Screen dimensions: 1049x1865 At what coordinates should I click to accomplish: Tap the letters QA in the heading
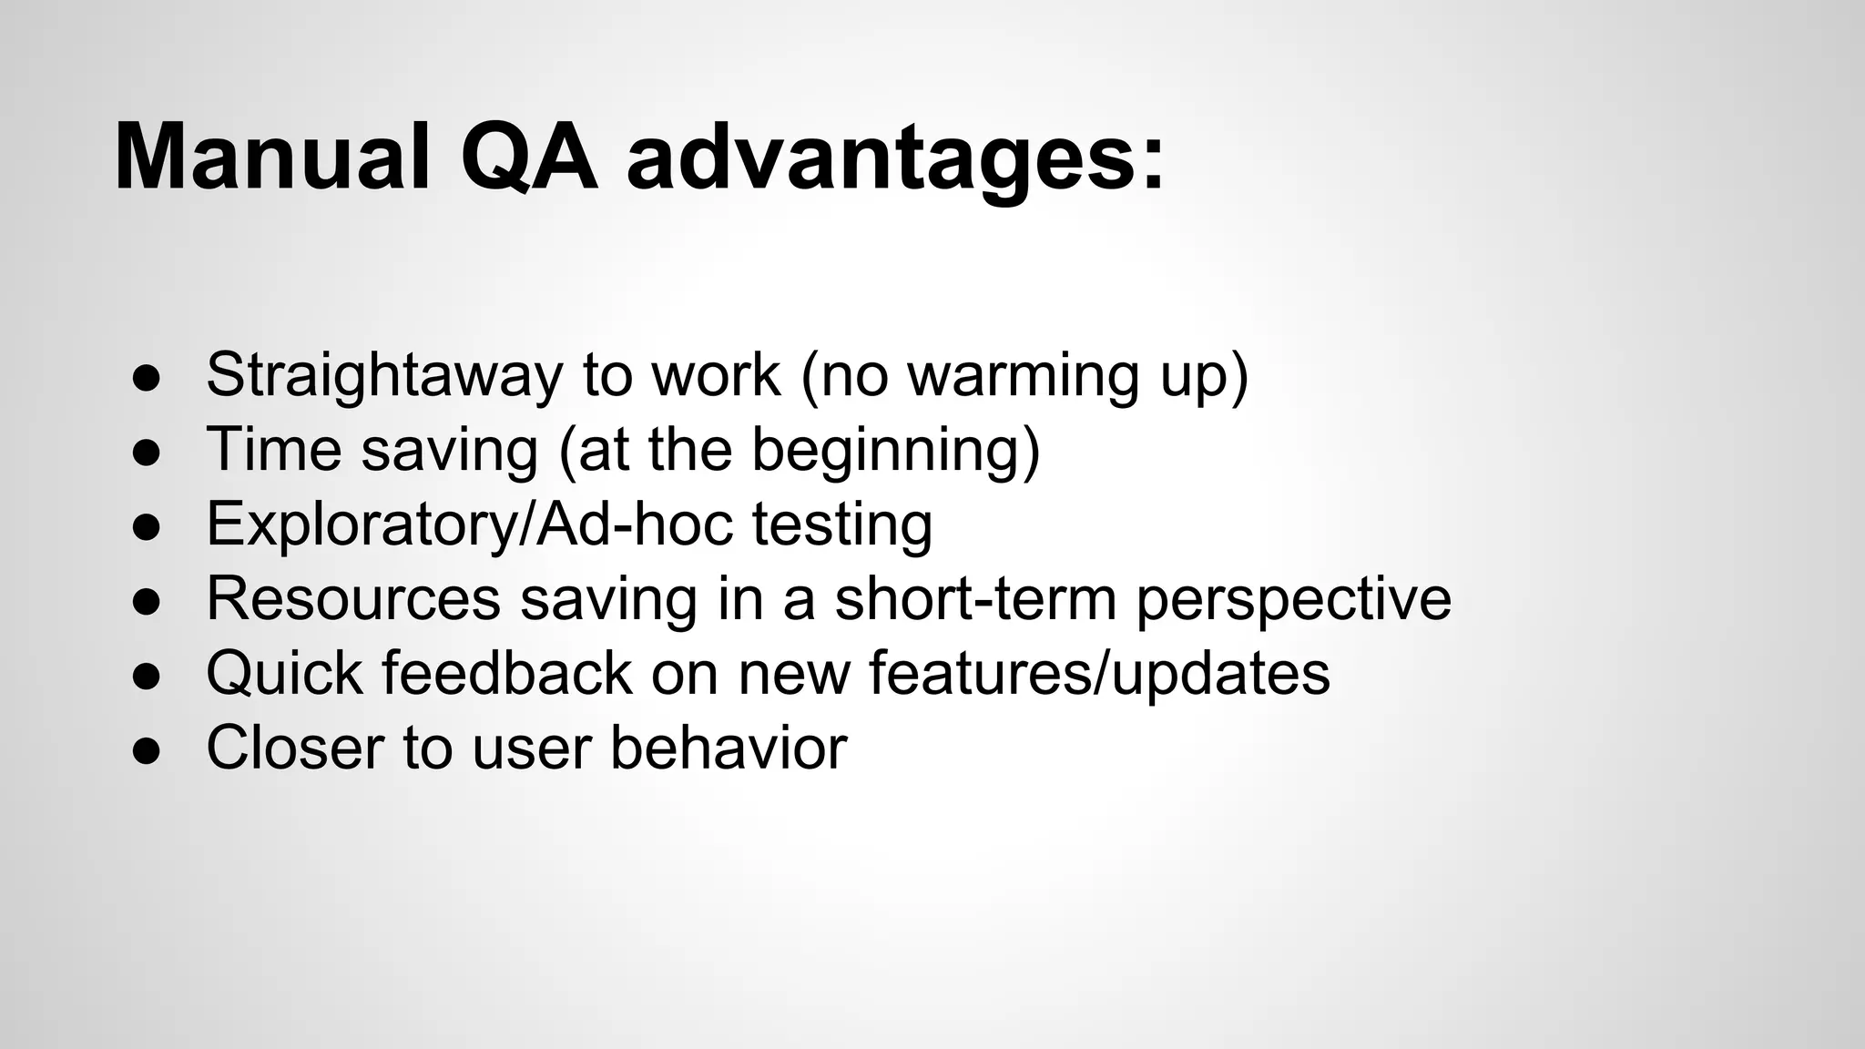coord(528,160)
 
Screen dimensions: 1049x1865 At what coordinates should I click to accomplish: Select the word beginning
coord(894,452)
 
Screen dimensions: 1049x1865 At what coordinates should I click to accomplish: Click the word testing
coord(841,526)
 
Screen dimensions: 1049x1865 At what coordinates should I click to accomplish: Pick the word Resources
coord(353,599)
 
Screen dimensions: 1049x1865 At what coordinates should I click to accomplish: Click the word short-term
coord(974,599)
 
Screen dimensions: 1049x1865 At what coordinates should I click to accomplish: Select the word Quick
coord(284,674)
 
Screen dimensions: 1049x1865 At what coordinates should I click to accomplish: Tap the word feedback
coord(506,674)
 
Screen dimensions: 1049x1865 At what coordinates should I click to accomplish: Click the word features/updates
coord(1099,674)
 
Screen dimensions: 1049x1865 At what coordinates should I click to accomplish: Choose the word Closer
coord(295,749)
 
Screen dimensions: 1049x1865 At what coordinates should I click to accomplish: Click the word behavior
coord(728,749)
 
